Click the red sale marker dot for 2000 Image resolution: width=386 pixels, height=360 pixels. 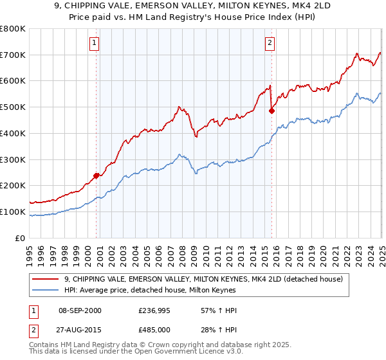click(x=96, y=175)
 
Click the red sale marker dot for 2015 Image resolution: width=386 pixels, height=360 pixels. click(x=271, y=111)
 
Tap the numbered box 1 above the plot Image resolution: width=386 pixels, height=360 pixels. click(x=94, y=43)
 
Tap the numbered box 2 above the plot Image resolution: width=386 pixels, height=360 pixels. click(x=270, y=43)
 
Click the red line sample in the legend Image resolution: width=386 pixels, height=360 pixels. click(x=46, y=278)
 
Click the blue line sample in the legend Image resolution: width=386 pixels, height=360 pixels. click(x=46, y=290)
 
